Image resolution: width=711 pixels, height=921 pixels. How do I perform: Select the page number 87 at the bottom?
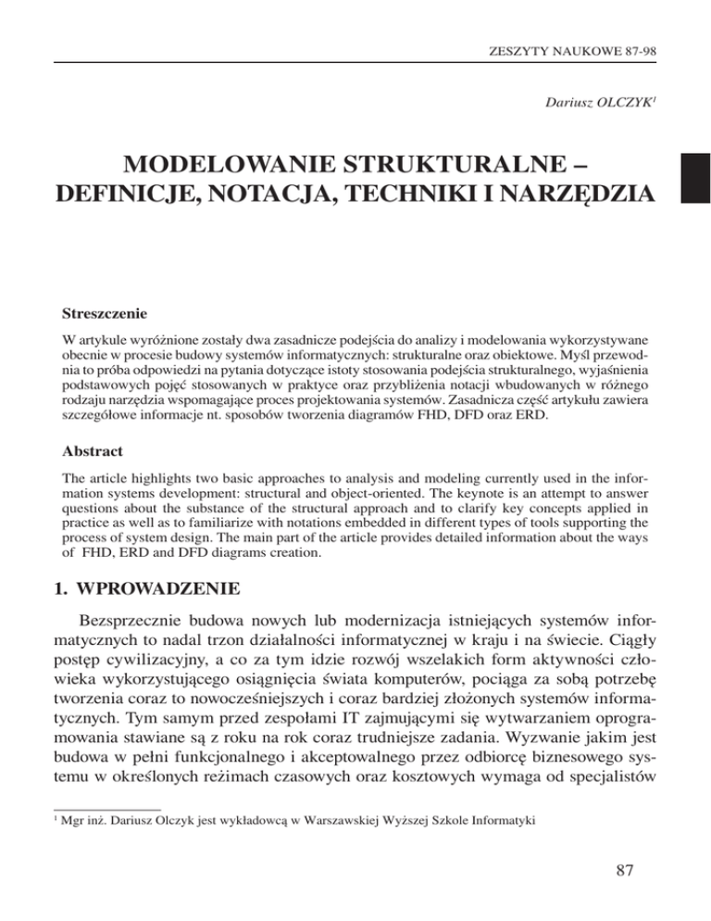point(635,878)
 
